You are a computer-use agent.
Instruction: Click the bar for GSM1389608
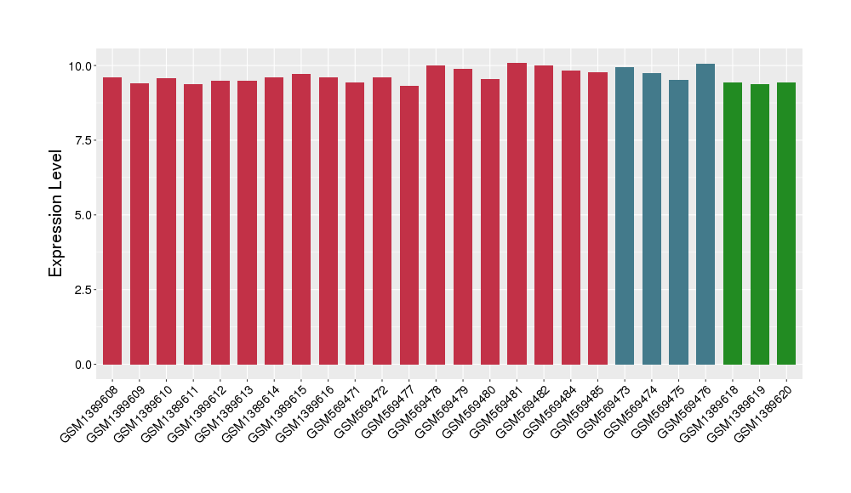(112, 221)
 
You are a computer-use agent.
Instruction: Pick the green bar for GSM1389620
(786, 224)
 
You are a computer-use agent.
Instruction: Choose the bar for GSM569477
(409, 225)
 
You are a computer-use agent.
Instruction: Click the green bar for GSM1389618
(733, 224)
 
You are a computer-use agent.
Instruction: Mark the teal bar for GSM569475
(678, 222)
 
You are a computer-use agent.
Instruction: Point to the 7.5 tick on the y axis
(83, 140)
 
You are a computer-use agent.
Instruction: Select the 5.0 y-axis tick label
(83, 215)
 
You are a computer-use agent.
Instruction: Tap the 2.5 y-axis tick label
(83, 290)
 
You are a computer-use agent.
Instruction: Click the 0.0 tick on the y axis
(83, 365)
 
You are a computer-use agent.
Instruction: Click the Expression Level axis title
(56, 213)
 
